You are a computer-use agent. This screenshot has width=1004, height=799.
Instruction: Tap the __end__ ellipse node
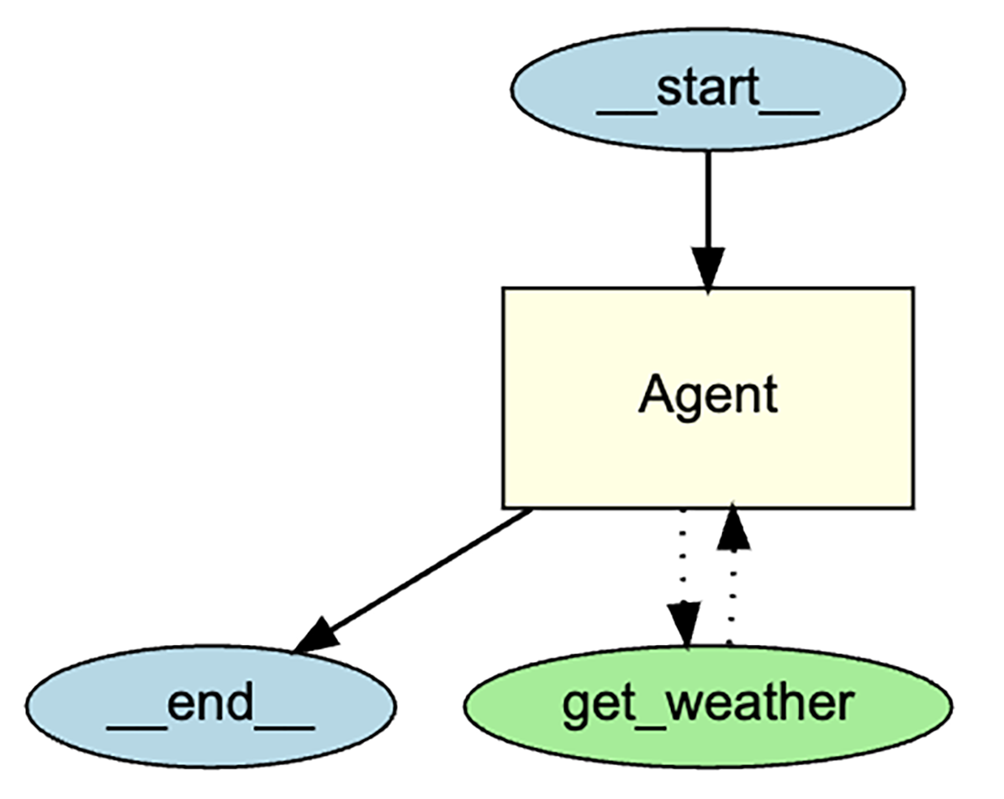[210, 705]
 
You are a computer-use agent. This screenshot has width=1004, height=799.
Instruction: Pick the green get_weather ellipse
[708, 705]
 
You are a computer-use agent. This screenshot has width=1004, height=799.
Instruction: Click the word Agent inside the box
[708, 395]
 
